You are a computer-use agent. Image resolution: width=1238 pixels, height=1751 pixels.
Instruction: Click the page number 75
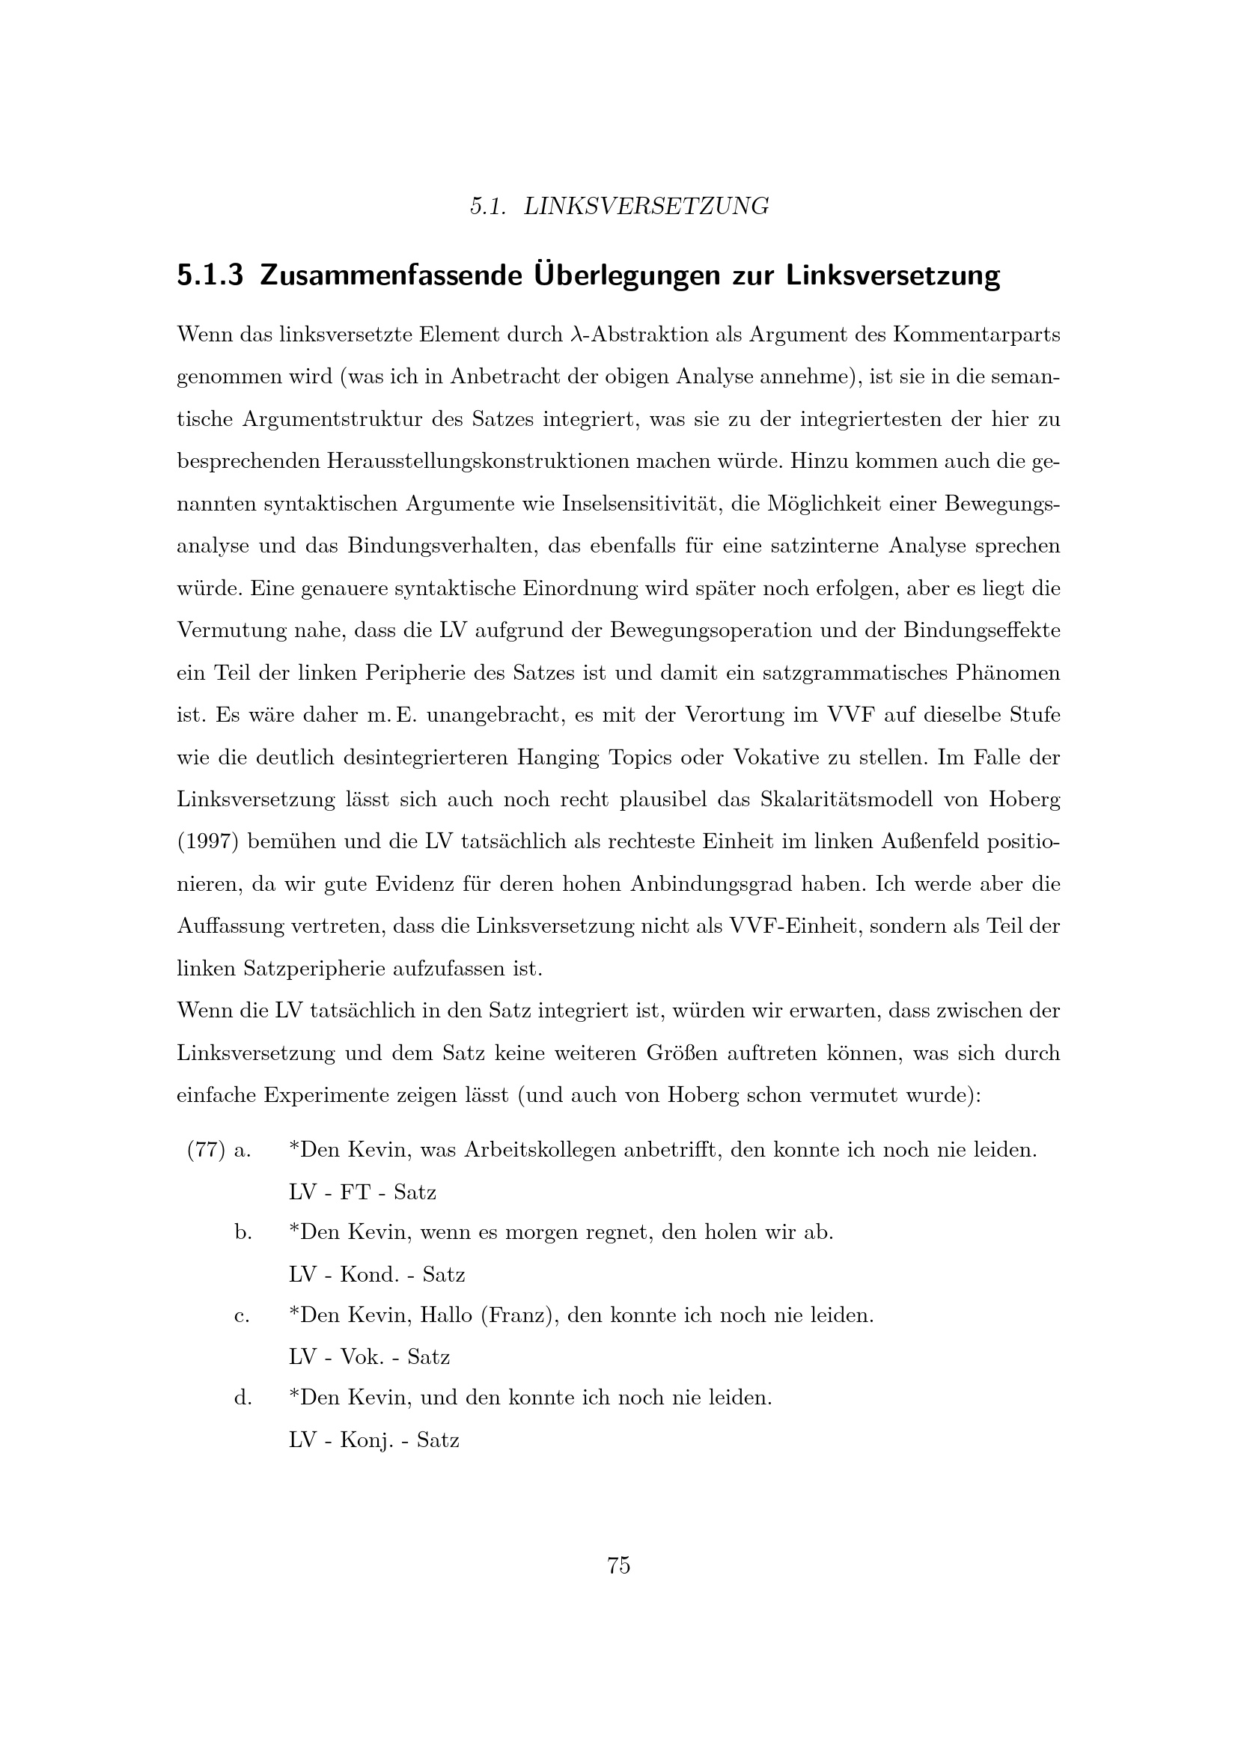[618, 1565]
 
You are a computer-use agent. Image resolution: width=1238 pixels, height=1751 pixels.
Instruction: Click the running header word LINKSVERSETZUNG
[647, 206]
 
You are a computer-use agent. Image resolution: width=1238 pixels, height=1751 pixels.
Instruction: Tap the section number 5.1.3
[210, 275]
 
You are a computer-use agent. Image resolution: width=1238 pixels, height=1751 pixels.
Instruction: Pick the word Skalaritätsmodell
[847, 800]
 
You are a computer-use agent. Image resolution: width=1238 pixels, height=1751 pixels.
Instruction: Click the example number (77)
[206, 1150]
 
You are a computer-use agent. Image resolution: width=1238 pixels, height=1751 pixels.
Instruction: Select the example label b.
[243, 1232]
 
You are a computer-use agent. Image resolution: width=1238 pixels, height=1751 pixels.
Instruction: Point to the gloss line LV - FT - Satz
[362, 1192]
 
